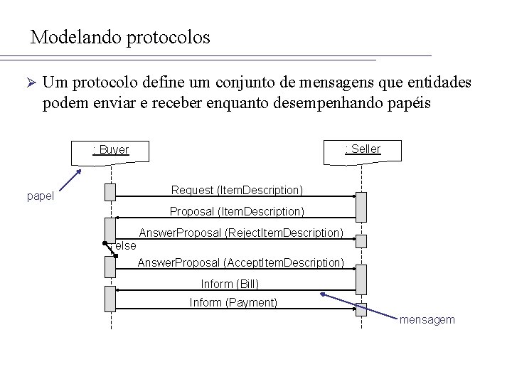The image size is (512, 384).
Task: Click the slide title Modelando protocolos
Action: (x=120, y=37)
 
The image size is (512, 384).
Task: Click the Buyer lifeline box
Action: (x=110, y=150)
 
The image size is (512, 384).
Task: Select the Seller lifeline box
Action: (x=363, y=149)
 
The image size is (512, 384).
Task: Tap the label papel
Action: (x=40, y=196)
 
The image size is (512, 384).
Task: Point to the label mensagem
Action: (x=427, y=320)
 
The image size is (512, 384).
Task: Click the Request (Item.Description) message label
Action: (x=237, y=190)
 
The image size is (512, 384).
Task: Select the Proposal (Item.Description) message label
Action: (x=237, y=211)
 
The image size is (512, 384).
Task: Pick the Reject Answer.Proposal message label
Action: (x=241, y=233)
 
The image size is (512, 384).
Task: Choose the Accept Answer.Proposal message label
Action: (x=240, y=263)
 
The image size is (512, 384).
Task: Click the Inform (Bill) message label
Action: (x=230, y=284)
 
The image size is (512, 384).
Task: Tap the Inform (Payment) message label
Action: (x=233, y=303)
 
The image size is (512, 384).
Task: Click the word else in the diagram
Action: (x=125, y=246)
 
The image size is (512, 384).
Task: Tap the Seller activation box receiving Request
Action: (x=361, y=206)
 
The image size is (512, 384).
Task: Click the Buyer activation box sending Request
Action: (x=110, y=191)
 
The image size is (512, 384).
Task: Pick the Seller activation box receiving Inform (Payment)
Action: (x=361, y=309)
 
